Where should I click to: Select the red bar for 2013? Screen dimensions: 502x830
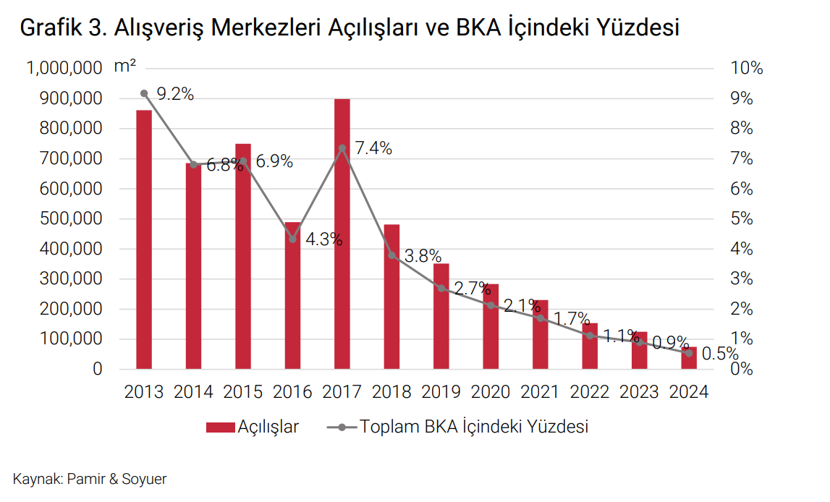pos(144,239)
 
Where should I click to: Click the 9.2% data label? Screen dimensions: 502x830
pos(175,94)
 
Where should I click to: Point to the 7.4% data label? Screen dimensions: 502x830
pos(373,149)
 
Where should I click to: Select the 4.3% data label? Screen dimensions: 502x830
pos(323,239)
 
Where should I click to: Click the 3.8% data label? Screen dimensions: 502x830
pos(423,255)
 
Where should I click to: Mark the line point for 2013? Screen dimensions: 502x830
pos(144,93)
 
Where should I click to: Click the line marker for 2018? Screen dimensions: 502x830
pos(392,255)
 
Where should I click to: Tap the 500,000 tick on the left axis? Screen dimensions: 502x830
pos(64,219)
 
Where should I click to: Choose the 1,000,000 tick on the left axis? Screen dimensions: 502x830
pos(64,69)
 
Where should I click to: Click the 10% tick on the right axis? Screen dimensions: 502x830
pos(748,69)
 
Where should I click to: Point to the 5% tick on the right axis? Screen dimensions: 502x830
pos(743,219)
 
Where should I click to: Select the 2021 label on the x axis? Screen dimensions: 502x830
pos(541,392)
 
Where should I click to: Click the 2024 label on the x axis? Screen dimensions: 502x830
pos(689,392)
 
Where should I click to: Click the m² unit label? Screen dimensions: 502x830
pos(125,67)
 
